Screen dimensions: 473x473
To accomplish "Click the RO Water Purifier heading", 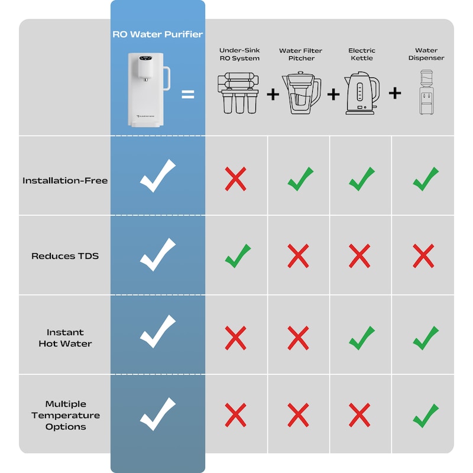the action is coord(157,34).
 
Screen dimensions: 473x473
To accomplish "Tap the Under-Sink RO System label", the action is coord(239,54).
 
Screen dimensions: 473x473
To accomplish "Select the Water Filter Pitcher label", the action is coord(301,54).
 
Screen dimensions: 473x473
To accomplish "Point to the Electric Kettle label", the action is coord(362,54).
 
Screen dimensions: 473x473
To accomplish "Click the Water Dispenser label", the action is coord(426,54).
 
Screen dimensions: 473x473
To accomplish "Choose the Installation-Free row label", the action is coord(65,180).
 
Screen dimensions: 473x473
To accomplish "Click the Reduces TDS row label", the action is coord(65,256).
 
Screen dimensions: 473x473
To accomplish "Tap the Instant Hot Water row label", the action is coord(65,338).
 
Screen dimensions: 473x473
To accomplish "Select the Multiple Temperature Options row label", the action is coord(66,415).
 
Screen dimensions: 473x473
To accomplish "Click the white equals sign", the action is coord(187,95).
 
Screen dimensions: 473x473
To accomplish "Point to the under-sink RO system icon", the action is coord(238,93).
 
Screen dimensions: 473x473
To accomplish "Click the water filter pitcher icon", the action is coord(302,93).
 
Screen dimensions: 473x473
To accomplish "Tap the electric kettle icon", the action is coord(362,93).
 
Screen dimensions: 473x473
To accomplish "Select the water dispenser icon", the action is coord(426,92).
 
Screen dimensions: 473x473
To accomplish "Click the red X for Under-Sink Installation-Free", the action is coord(235,179).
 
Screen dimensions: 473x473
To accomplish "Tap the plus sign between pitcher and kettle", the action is coord(333,94).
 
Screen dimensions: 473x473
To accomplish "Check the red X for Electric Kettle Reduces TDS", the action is coord(359,256).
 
